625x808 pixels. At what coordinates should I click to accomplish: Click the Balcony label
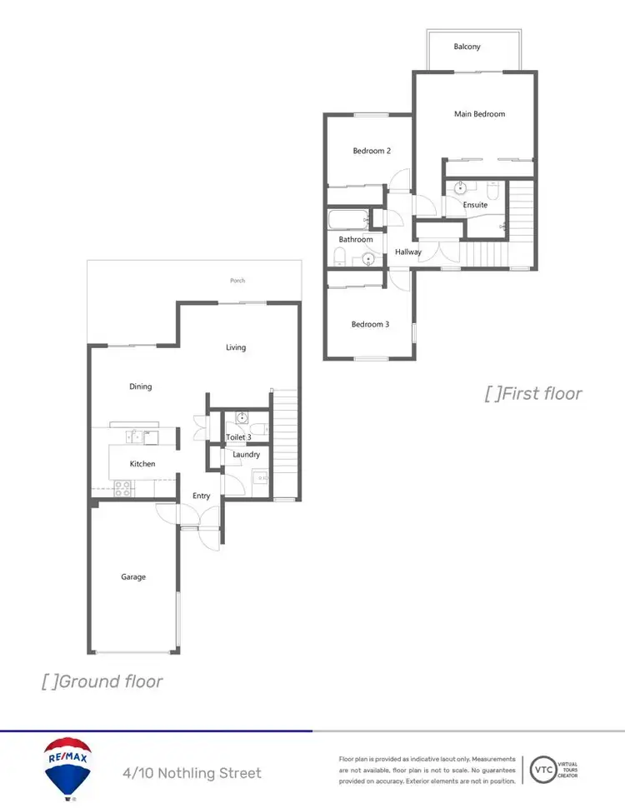click(467, 47)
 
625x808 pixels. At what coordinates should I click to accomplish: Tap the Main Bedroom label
click(479, 114)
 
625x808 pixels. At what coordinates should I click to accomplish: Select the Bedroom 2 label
click(372, 151)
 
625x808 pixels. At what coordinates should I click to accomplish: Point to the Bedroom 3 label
click(370, 324)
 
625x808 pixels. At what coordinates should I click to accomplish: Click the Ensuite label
click(476, 205)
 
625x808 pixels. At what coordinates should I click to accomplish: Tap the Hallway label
click(408, 252)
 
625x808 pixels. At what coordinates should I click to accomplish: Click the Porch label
click(237, 281)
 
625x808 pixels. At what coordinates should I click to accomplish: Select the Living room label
click(236, 347)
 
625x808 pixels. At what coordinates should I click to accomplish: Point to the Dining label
click(141, 387)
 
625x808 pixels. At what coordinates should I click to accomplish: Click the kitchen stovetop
click(122, 489)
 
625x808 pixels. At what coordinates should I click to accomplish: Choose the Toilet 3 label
click(238, 436)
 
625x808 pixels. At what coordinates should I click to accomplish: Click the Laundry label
click(246, 455)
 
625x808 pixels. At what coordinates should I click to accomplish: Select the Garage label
click(133, 576)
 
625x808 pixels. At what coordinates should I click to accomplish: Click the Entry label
click(201, 496)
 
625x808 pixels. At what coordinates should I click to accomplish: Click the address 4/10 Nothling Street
click(192, 773)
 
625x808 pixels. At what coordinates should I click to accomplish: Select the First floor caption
click(533, 393)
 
